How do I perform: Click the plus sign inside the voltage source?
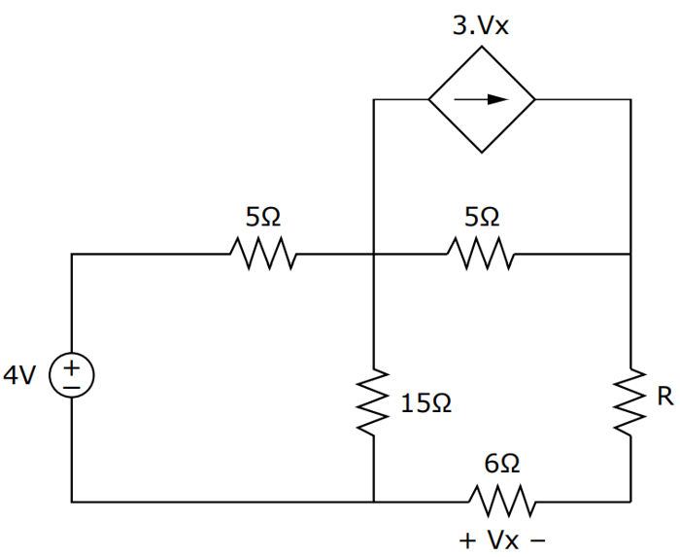click(x=72, y=369)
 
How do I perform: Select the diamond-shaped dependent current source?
click(x=482, y=98)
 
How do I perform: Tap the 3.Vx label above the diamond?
click(x=481, y=26)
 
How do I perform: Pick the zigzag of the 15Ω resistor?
click(x=374, y=400)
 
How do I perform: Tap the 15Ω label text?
click(x=425, y=401)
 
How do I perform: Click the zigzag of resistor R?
click(x=630, y=400)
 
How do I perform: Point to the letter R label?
click(x=664, y=397)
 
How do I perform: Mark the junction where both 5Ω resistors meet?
click(x=374, y=255)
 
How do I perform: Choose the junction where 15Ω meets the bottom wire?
click(x=374, y=502)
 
